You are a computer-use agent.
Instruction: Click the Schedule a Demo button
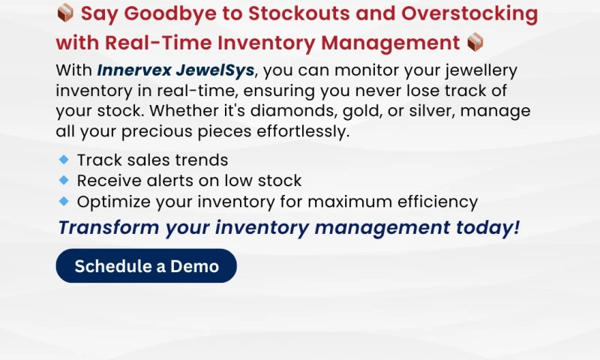(x=146, y=265)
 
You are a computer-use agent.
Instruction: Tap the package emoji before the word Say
(x=65, y=13)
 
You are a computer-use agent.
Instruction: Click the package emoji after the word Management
(x=475, y=42)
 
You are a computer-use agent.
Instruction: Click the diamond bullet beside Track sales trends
(x=64, y=159)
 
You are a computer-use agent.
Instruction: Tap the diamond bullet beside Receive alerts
(x=64, y=180)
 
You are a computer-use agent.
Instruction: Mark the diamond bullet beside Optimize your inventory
(x=64, y=201)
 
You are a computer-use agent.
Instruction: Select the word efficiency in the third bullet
(x=439, y=202)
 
